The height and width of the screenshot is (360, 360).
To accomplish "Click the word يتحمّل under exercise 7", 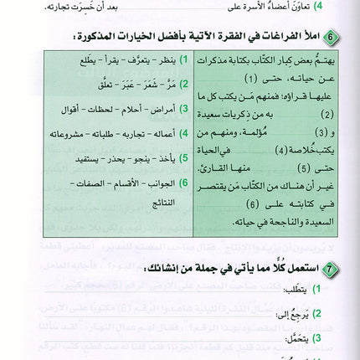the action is point(300,342).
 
